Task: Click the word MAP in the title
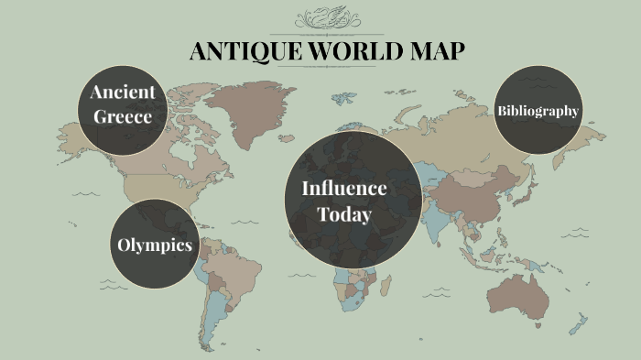[434, 51]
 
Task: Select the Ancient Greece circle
[121, 104]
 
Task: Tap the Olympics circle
[155, 245]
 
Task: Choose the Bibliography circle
[538, 111]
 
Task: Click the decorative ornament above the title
[327, 19]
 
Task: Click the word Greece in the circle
[121, 117]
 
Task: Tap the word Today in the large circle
[344, 214]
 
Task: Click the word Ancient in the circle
[122, 92]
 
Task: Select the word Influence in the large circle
[344, 188]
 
